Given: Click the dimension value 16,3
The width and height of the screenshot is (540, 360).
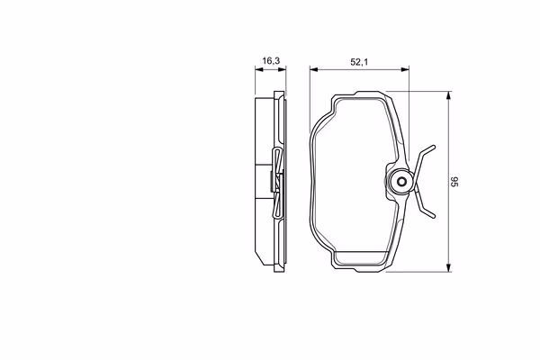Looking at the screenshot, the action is tap(271, 61).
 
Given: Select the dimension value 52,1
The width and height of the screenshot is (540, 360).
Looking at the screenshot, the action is tap(359, 62).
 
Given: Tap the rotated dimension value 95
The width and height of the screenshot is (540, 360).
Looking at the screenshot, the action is tap(454, 182).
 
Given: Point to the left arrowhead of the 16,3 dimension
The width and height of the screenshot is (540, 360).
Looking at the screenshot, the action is tap(259, 69).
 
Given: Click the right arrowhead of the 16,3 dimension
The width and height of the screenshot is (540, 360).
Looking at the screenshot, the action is tap(282, 69).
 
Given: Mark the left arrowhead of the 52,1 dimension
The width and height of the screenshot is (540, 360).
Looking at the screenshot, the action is tap(314, 69).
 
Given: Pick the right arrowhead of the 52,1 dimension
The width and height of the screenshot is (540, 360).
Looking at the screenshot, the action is tap(405, 69).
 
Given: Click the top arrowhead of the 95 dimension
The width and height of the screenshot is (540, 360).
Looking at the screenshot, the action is tap(448, 95).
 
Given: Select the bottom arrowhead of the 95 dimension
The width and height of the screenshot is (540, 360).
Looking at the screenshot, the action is tap(448, 267).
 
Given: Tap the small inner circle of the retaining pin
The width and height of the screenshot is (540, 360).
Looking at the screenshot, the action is tap(401, 182).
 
